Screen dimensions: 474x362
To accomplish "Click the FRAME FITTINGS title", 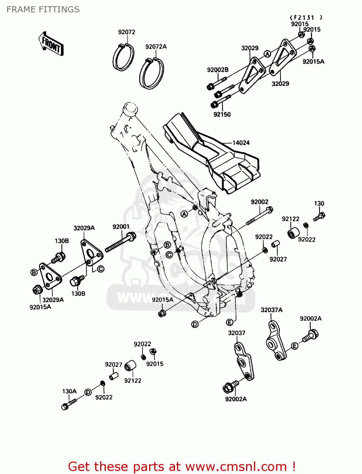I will [x=43, y=9].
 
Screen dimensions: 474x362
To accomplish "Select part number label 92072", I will [x=127, y=32].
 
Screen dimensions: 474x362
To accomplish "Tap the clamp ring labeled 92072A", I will [x=152, y=74].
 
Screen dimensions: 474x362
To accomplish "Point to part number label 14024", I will [x=241, y=143].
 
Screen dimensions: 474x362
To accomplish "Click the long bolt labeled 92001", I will [x=120, y=242].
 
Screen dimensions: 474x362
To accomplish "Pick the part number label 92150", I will [x=222, y=114].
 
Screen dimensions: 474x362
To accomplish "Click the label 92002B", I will [x=218, y=70].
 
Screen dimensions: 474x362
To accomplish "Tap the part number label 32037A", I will [x=271, y=310].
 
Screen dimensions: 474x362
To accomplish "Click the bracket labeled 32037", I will [x=244, y=362].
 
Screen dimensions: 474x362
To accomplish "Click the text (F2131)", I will [x=306, y=18].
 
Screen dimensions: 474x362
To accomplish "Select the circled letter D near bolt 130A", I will [x=88, y=392].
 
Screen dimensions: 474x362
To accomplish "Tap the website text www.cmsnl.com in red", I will [x=236, y=466].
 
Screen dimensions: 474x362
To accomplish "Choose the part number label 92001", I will [x=121, y=227].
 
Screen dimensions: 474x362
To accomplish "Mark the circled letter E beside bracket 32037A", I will [x=294, y=346].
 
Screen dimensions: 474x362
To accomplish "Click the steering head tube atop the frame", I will [x=130, y=109].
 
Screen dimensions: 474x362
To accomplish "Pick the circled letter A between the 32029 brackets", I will [x=268, y=54].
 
